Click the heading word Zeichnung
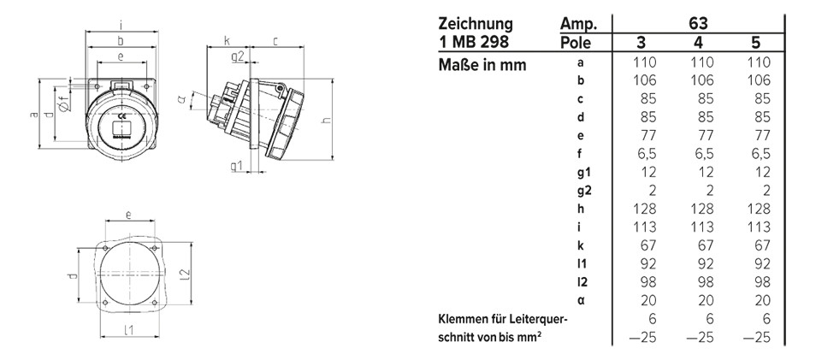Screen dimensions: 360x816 476,23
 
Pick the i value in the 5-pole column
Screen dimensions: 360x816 758,227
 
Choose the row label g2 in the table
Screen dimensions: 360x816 585,190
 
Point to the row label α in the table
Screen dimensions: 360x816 582,300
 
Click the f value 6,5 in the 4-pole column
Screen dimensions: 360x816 700,153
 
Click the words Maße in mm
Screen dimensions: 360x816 482,64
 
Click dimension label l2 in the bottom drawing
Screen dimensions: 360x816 183,273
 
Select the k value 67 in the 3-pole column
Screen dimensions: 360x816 647,245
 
